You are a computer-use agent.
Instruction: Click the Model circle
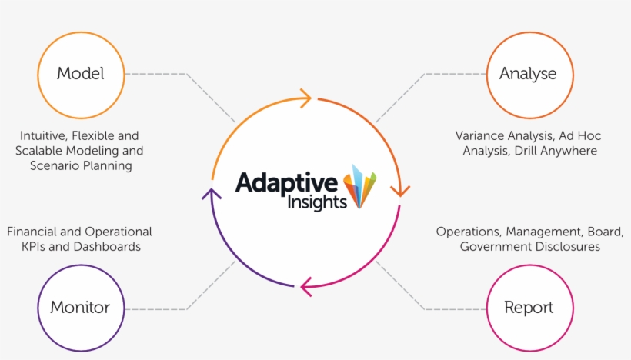coord(80,75)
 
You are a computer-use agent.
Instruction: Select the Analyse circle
coord(528,75)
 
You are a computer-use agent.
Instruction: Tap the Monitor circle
coord(80,308)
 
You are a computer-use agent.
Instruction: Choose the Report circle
coord(528,308)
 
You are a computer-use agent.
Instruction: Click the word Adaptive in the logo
coord(286,183)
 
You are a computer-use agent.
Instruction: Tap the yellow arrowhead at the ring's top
coord(305,98)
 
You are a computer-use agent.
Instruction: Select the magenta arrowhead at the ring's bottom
coord(307,287)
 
